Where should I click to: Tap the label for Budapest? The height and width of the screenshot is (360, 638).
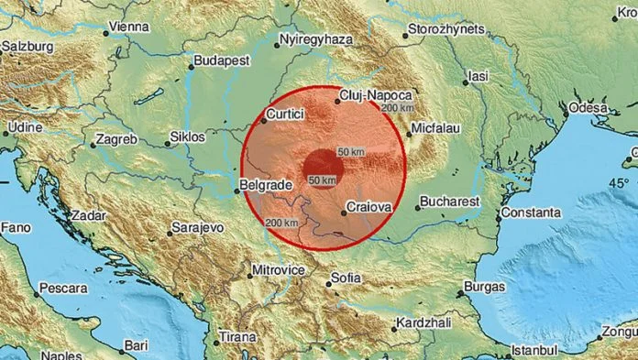[221, 60]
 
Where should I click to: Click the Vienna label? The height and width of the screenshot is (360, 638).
[128, 27]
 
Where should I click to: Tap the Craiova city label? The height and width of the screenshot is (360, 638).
[371, 209]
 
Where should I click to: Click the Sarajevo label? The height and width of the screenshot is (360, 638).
[201, 228]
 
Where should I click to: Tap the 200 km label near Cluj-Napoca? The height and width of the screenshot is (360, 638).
[396, 108]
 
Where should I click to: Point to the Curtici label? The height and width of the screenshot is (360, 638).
[284, 115]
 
